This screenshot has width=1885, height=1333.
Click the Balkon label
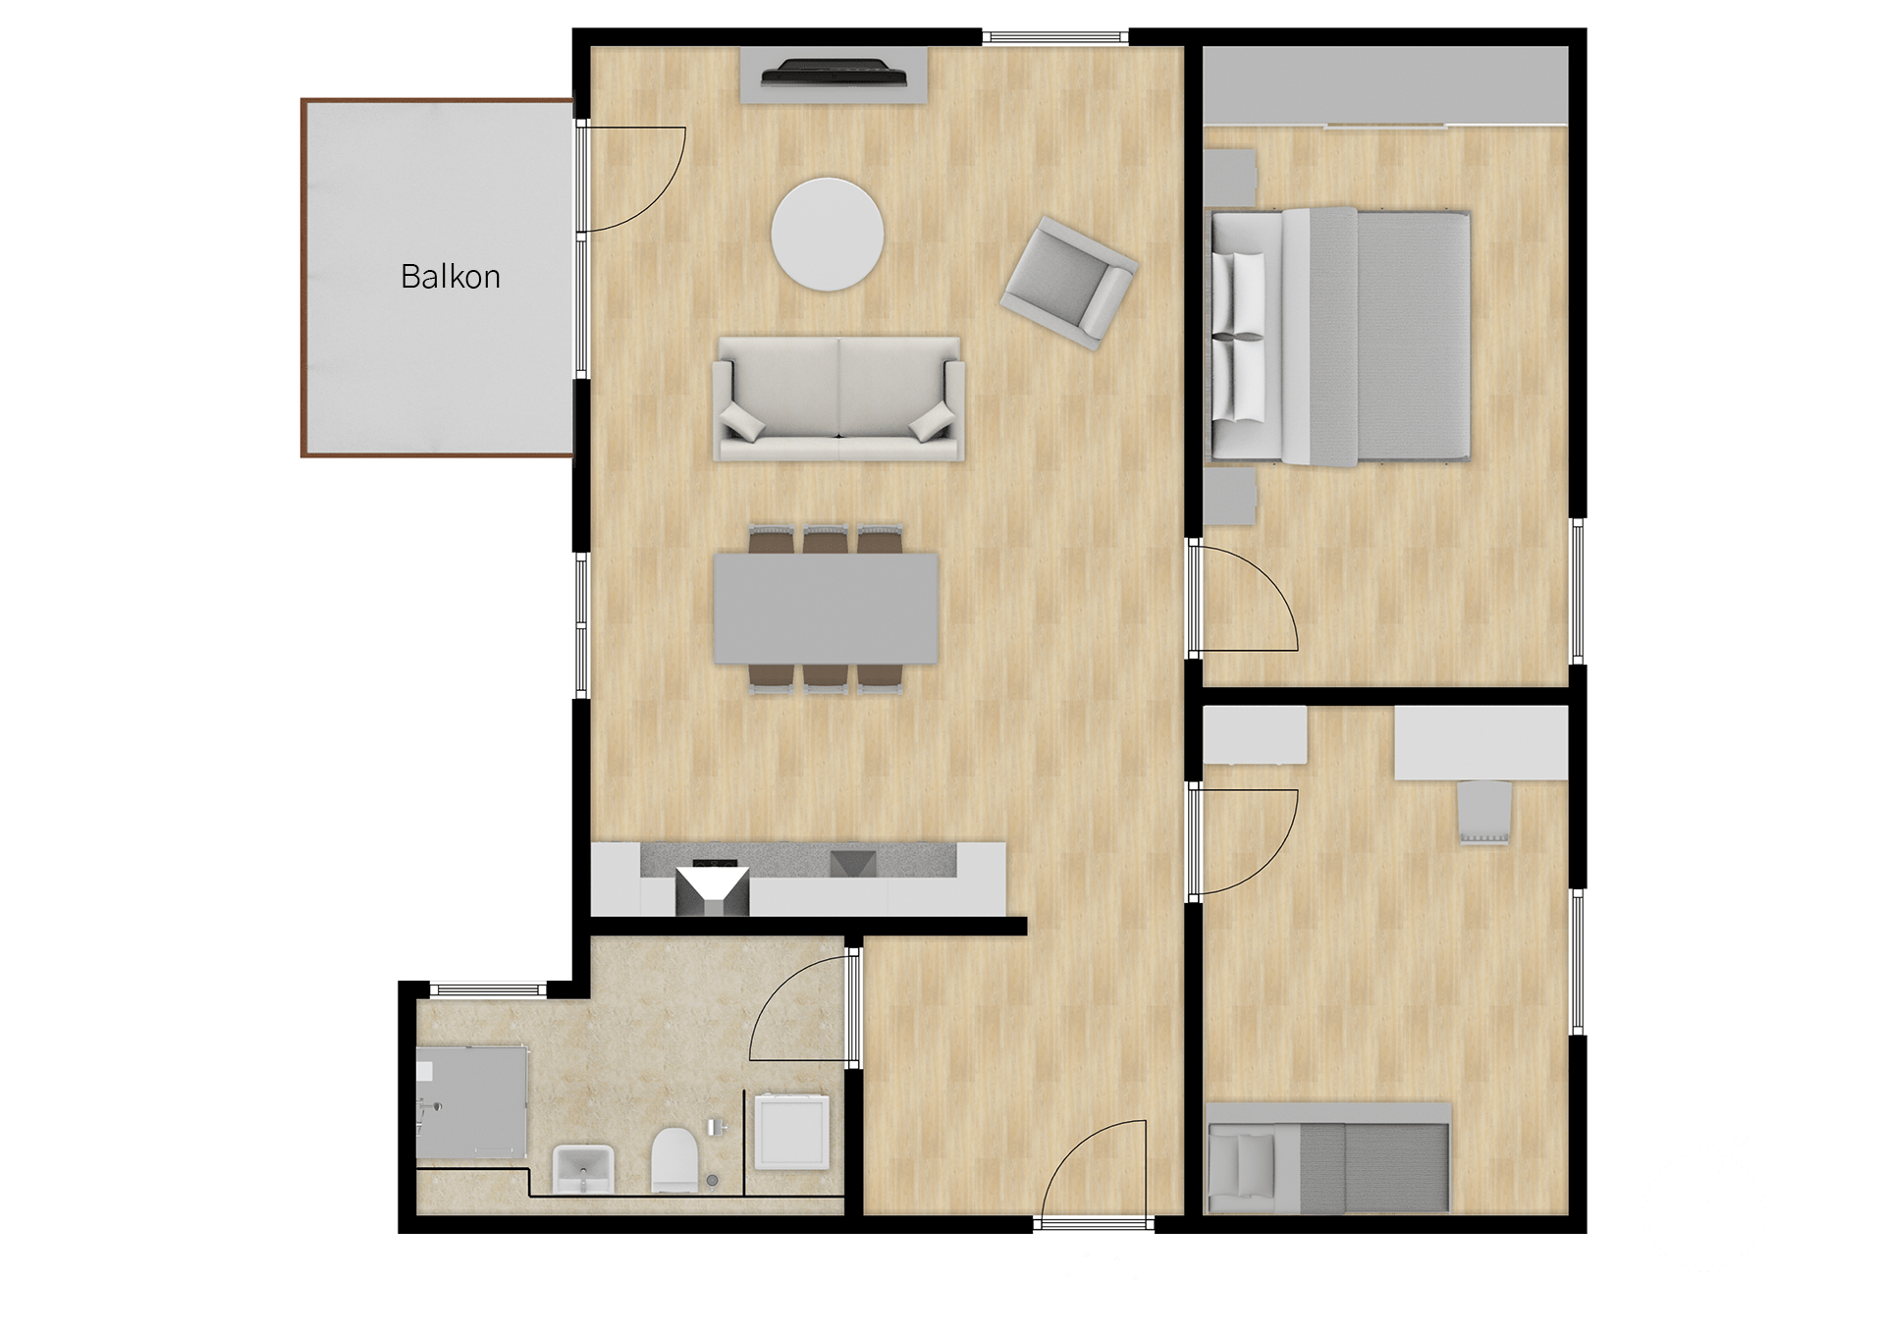pyautogui.click(x=451, y=277)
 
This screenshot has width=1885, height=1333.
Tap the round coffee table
pyautogui.click(x=828, y=234)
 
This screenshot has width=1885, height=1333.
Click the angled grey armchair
pyautogui.click(x=1069, y=283)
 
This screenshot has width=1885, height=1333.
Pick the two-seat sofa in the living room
pyautogui.click(x=838, y=399)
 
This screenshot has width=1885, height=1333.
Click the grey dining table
pyautogui.click(x=827, y=608)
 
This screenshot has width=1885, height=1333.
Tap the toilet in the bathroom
pyautogui.click(x=674, y=1159)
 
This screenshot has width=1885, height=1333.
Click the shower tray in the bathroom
pyautogui.click(x=471, y=1100)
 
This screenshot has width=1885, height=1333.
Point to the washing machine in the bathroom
pyautogui.click(x=791, y=1131)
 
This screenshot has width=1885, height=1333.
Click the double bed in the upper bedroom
pyautogui.click(x=1340, y=336)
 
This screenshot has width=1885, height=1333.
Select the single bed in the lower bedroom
pyautogui.click(x=1328, y=1157)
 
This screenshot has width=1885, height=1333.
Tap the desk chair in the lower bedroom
pyautogui.click(x=1483, y=811)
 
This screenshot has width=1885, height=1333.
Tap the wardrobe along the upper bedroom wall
pyautogui.click(x=1385, y=85)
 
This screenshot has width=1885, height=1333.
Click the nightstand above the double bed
pyautogui.click(x=1230, y=178)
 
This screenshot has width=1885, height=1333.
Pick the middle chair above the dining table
pyautogui.click(x=826, y=540)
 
